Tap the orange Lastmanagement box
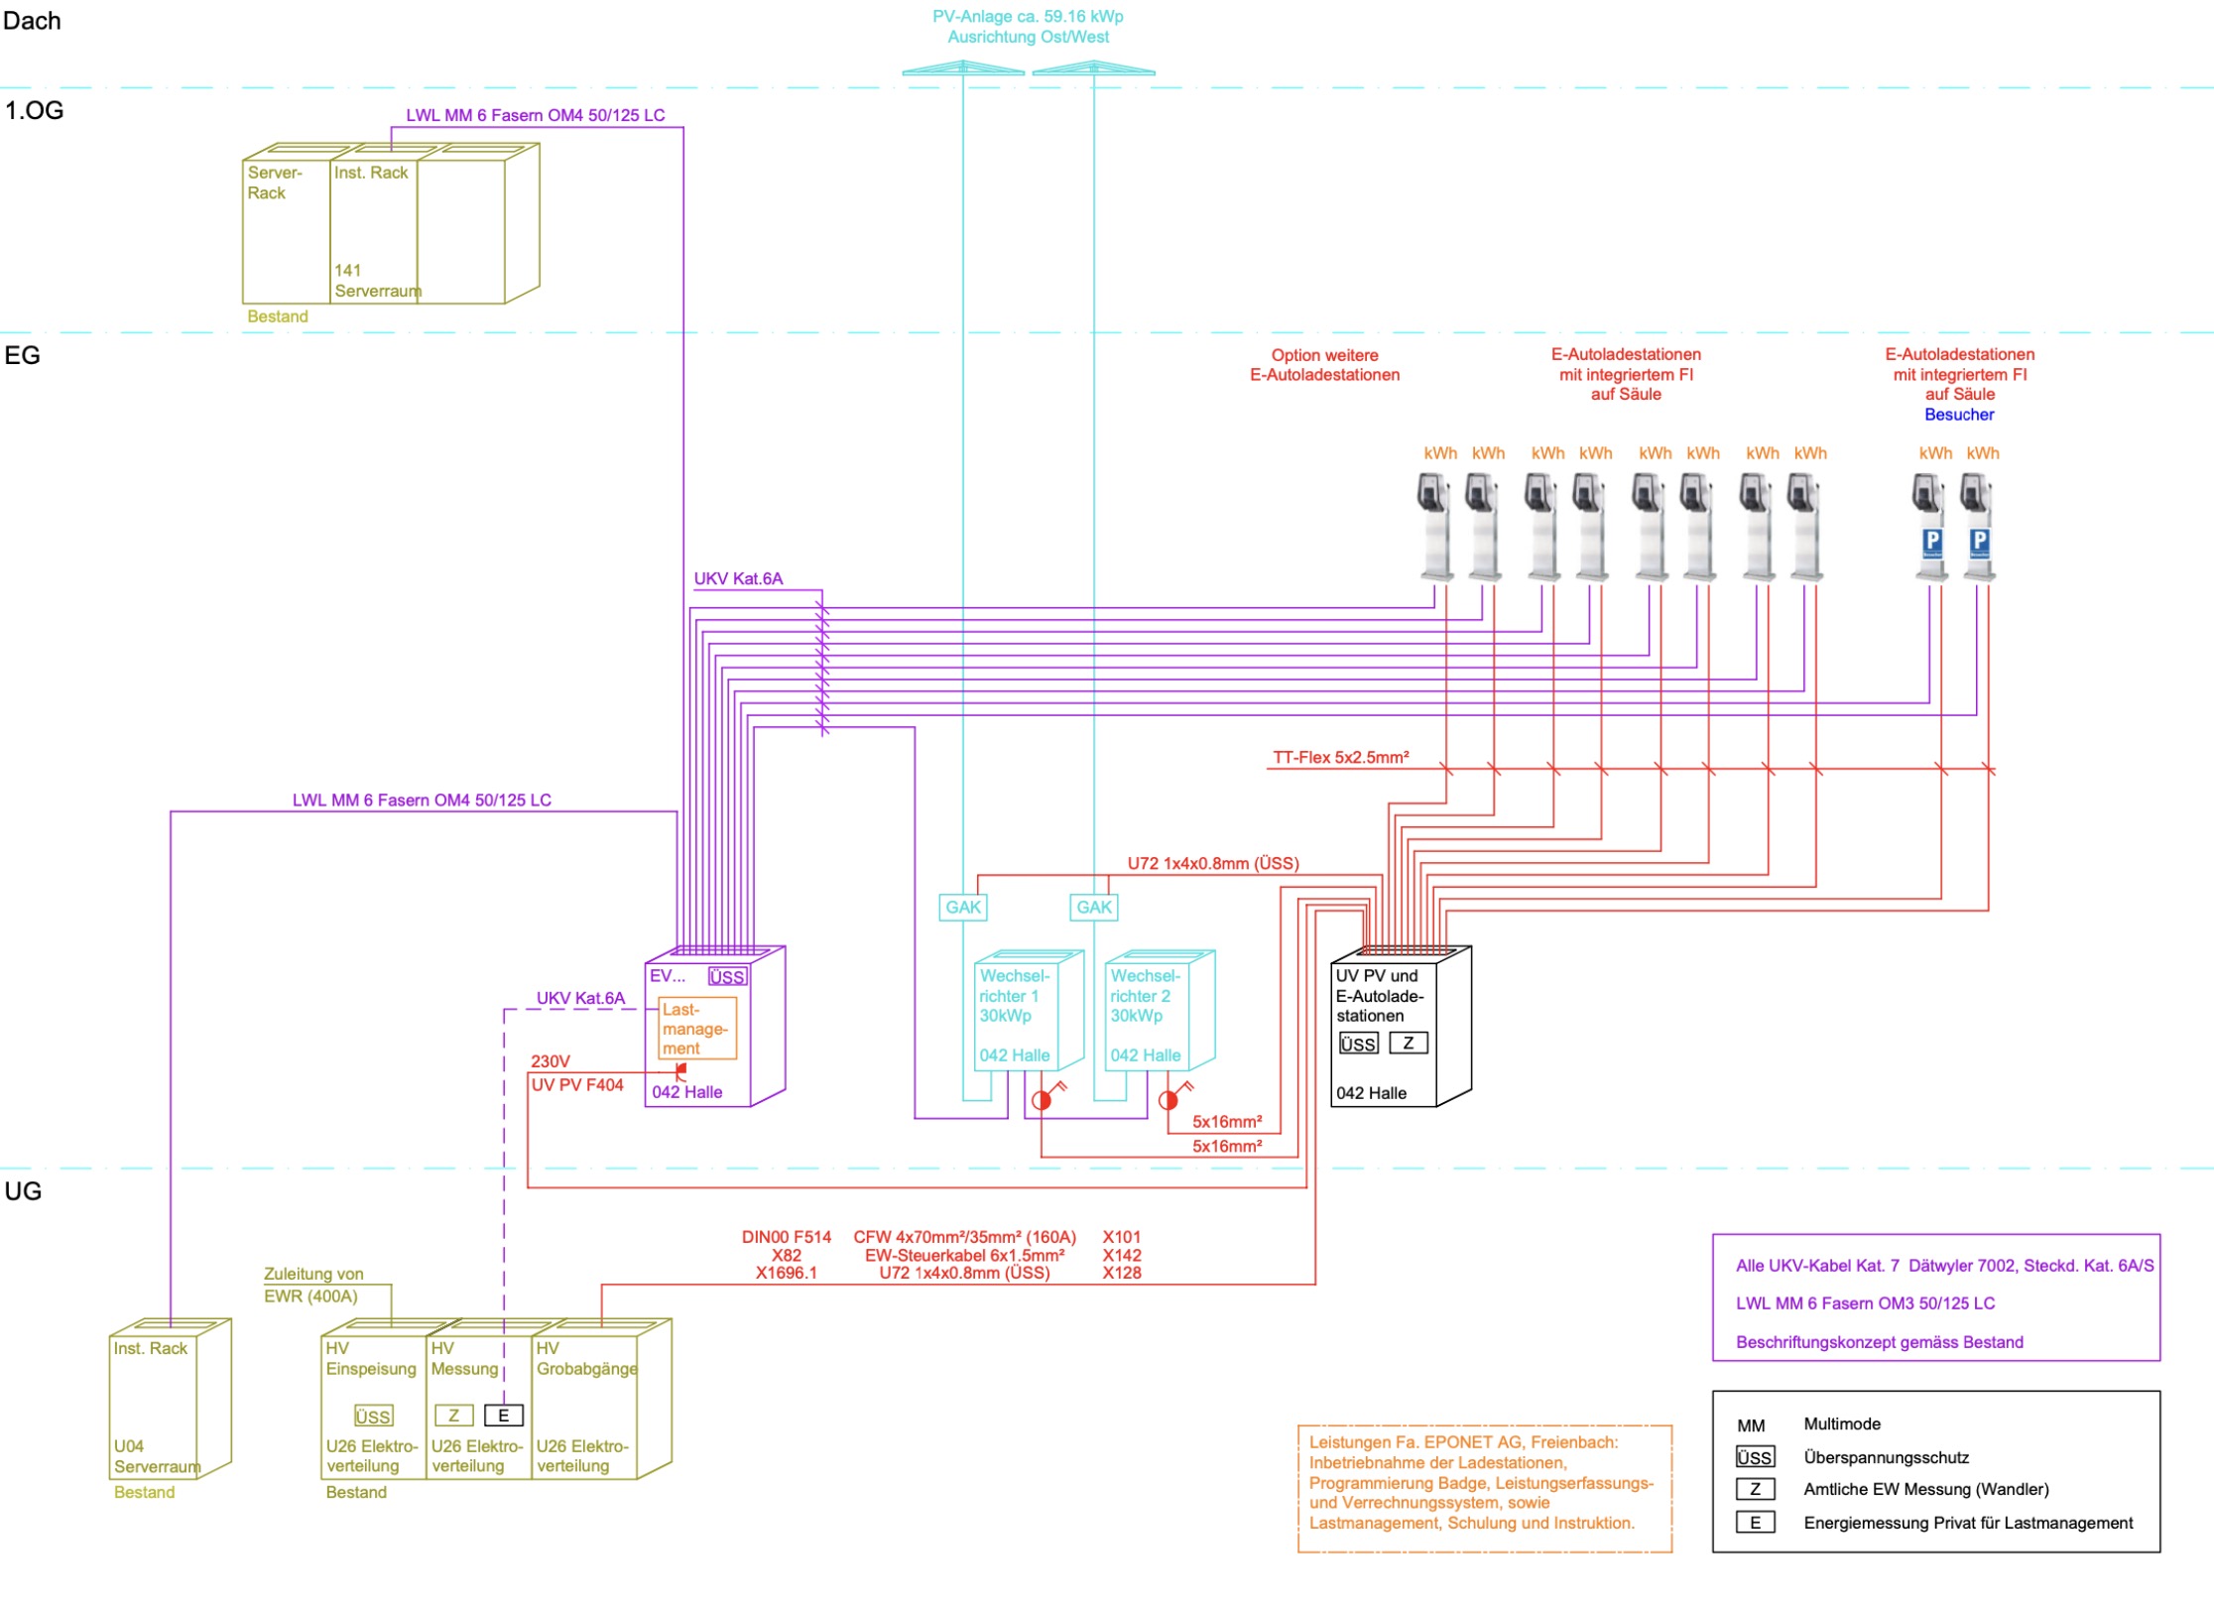click(697, 1029)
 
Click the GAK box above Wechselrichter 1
click(962, 907)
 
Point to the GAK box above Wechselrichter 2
click(1094, 907)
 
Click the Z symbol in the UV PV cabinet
click(1408, 1043)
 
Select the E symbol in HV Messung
click(503, 1416)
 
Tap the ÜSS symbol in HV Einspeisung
click(373, 1416)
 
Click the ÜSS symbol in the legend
click(1755, 1457)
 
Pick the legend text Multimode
click(1842, 1423)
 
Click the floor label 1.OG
click(34, 110)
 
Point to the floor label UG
click(23, 1190)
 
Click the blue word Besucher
click(1959, 415)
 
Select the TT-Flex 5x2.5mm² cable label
click(1341, 757)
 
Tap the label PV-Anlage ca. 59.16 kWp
click(1028, 17)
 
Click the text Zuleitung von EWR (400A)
click(313, 1285)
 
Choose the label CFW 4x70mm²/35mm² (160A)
click(964, 1237)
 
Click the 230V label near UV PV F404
click(551, 1061)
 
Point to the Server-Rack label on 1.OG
click(275, 183)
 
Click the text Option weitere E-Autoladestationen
click(1324, 365)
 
